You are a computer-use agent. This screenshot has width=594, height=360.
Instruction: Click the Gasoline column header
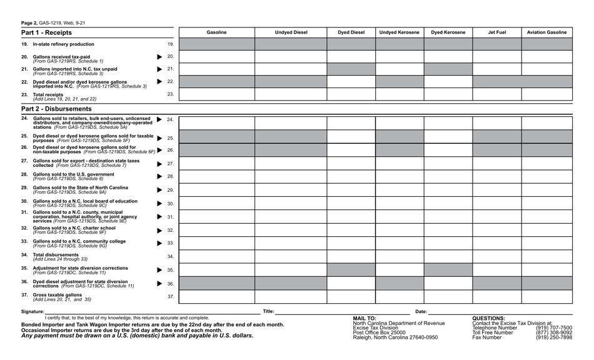point(217,32)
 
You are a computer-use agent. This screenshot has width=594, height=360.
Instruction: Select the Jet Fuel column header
point(497,32)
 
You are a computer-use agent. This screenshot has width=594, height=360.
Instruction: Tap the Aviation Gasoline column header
point(547,32)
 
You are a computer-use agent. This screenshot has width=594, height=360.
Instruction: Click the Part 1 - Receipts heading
point(47,32)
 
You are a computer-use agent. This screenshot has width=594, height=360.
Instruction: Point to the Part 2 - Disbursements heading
point(56,109)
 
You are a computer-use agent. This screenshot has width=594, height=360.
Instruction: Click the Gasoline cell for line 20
point(217,57)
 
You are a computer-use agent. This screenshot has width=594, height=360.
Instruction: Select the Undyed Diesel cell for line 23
point(291,94)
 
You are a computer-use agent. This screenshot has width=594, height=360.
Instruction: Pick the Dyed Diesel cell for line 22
point(351,82)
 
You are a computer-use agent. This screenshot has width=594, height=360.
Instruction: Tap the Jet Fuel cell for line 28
point(497,177)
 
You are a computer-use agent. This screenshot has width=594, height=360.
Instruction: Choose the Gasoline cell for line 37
point(217,297)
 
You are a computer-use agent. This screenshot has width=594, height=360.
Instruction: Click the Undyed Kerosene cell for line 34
point(400,257)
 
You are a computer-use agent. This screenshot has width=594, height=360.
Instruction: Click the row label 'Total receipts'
point(48,94)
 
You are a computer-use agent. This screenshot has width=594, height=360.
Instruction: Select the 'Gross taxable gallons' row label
point(58,294)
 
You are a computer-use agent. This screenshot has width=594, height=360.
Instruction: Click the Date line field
point(500,311)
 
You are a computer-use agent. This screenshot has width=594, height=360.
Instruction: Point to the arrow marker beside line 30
point(160,204)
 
